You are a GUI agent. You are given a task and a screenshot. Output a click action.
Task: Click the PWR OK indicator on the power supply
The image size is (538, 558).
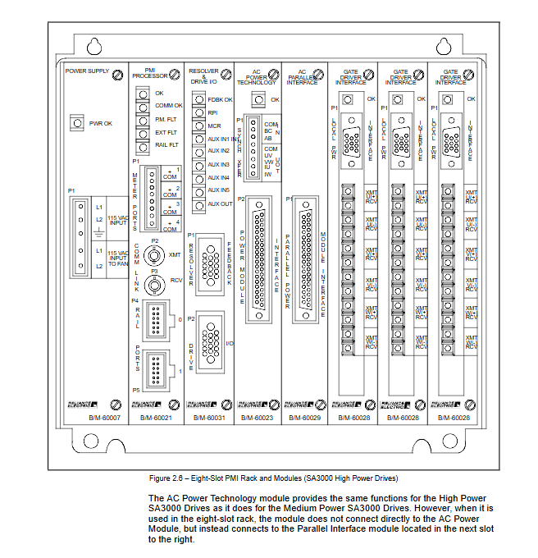click(78, 123)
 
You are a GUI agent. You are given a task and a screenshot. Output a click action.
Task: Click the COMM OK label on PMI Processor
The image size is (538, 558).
click(169, 106)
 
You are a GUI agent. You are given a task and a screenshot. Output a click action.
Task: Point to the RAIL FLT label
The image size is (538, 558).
click(167, 144)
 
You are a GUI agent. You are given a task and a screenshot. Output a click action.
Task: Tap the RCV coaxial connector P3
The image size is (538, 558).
click(153, 285)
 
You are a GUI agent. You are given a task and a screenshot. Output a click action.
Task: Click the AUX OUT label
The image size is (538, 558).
click(220, 204)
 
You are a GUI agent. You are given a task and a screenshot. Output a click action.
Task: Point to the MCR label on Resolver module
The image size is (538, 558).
click(214, 126)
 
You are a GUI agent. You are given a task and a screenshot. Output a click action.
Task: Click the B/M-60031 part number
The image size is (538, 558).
click(209, 418)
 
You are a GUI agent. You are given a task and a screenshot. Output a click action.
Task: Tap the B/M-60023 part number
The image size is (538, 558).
click(258, 418)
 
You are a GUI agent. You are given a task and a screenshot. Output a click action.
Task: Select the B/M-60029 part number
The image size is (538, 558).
click(304, 418)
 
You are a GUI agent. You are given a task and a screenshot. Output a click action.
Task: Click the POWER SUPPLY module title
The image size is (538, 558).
click(86, 71)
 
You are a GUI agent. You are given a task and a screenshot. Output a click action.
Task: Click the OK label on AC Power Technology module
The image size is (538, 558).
click(276, 100)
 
